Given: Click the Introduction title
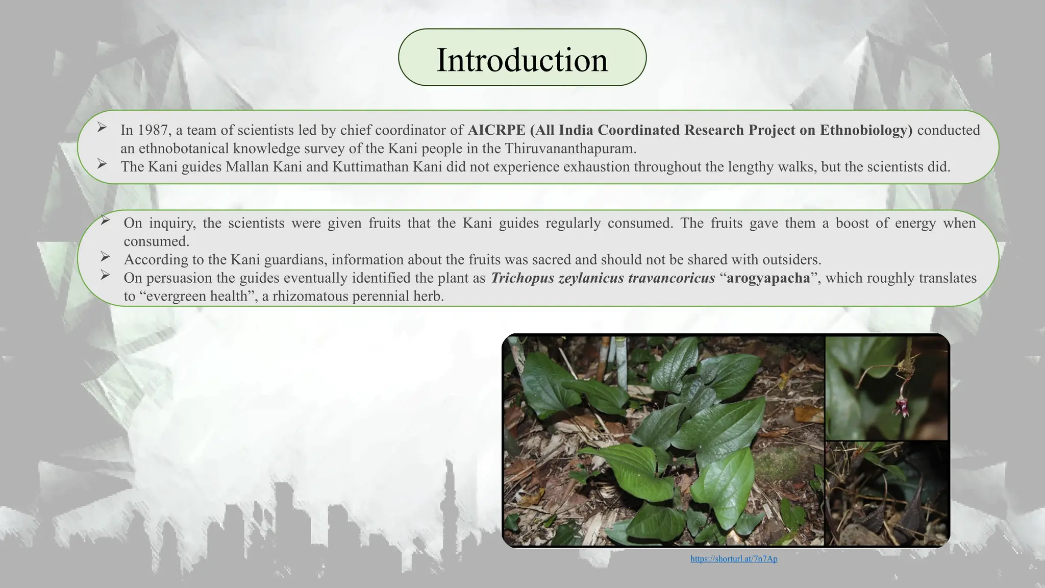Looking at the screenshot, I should point(522,60).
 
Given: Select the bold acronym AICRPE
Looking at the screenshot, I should point(496,130).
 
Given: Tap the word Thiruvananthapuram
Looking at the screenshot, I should point(570,149).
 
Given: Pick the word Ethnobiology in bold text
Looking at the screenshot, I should point(866,130).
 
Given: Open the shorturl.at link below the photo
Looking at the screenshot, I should point(734,559).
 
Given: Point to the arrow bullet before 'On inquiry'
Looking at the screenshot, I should point(105,220).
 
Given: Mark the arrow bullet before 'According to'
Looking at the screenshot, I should point(105,256).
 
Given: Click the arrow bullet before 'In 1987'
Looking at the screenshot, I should point(102,127).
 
